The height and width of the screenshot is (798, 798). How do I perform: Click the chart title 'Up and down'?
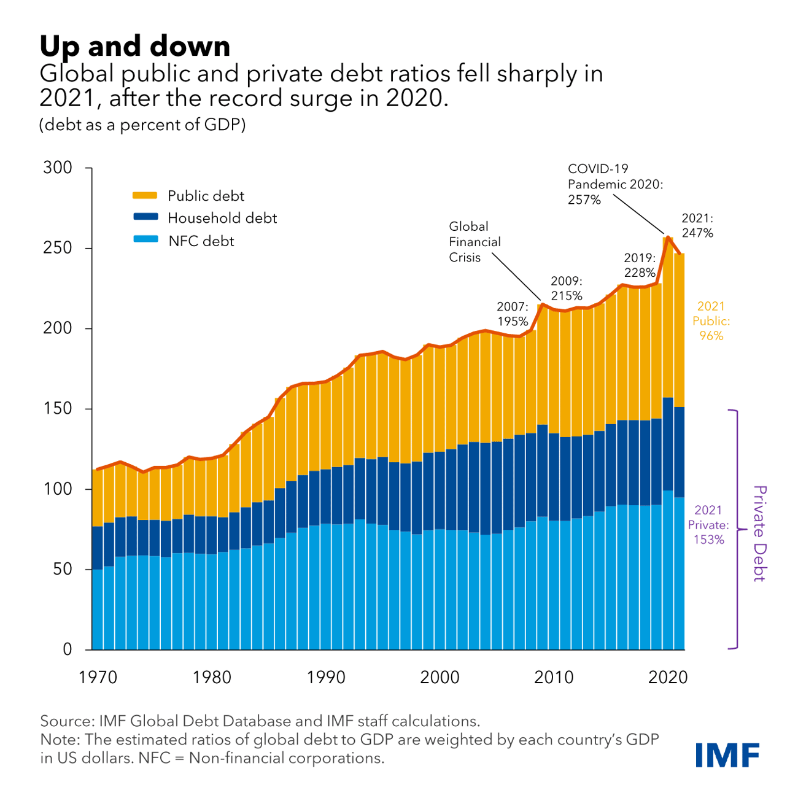[135, 46]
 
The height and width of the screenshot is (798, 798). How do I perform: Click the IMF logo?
[727, 754]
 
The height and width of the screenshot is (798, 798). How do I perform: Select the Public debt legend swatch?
[145, 196]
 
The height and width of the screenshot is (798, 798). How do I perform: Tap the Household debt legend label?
[222, 218]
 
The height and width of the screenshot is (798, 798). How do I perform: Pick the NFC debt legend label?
[201, 241]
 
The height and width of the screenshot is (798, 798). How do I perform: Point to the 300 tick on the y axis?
[58, 168]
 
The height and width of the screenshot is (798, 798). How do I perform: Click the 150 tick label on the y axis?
[58, 408]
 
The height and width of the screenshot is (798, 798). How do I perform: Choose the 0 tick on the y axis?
[68, 649]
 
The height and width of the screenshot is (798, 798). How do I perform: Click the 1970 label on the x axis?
[98, 677]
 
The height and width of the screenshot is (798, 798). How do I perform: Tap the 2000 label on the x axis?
[440, 677]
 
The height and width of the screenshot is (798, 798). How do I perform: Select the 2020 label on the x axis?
[668, 677]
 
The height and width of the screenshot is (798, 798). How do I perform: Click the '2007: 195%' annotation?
[513, 314]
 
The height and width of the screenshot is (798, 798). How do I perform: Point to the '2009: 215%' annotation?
[566, 289]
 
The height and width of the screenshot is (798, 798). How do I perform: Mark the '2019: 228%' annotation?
[640, 265]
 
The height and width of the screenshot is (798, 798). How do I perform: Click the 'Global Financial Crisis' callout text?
[475, 242]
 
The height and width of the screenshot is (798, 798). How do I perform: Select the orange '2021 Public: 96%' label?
[711, 320]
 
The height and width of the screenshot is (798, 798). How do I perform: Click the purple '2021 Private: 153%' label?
[708, 525]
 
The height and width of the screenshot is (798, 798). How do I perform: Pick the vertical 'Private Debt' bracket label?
[760, 533]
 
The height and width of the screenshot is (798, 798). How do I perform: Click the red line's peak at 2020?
[667, 237]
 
